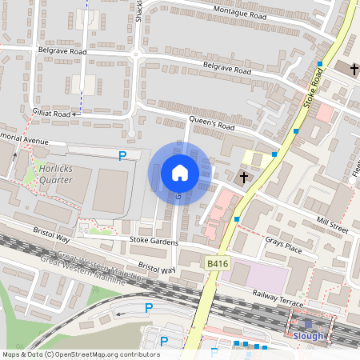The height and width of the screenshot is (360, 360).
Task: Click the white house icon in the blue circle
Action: click(x=180, y=172)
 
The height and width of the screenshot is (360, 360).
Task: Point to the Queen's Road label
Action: click(x=210, y=125)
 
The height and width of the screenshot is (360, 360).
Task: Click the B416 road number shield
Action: click(x=215, y=263)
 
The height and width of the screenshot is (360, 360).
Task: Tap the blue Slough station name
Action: click(x=308, y=336)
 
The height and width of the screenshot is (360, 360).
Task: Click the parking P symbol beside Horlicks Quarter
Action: click(x=122, y=156)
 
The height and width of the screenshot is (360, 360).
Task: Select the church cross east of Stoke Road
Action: click(x=354, y=70)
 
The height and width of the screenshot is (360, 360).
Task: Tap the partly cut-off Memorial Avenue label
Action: click(x=24, y=138)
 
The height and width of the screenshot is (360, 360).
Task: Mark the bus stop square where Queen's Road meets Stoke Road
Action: click(x=274, y=154)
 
